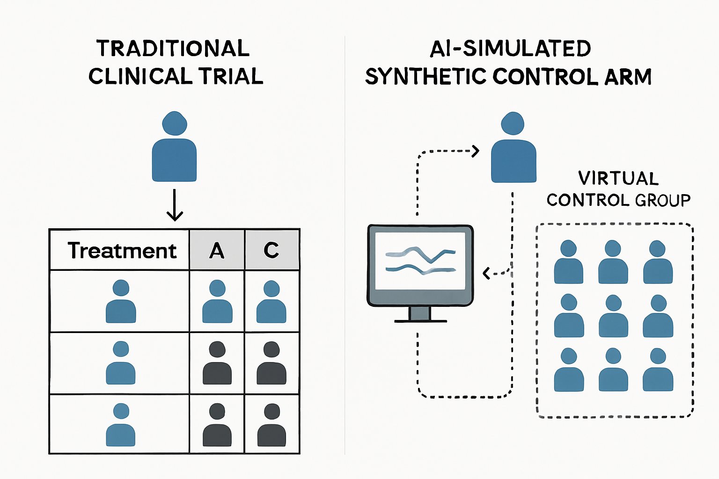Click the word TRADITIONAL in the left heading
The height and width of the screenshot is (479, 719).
coord(173,49)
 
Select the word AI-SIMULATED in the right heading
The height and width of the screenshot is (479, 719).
coord(510,49)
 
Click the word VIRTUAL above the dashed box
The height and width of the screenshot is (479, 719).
coord(618,178)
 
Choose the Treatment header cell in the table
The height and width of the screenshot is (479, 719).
coord(121,250)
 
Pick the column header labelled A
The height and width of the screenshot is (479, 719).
coord(217,251)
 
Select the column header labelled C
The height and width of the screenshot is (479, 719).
coord(271,250)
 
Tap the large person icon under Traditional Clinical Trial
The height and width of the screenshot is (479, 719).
coord(174,147)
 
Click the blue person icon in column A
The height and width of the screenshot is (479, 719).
coord(217,302)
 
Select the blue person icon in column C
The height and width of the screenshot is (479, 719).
coord(271,302)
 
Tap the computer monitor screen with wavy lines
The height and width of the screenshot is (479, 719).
coord(420,260)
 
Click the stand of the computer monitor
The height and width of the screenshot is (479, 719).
coord(420,314)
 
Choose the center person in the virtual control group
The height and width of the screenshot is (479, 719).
coord(613,316)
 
